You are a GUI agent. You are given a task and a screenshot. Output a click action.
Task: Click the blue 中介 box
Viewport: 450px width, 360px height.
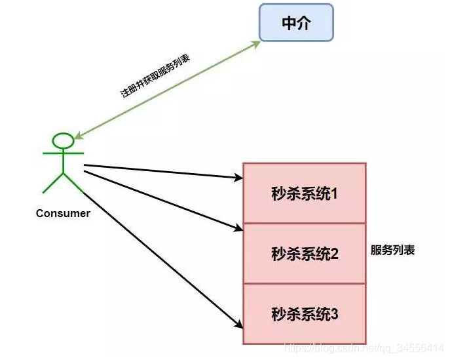295,23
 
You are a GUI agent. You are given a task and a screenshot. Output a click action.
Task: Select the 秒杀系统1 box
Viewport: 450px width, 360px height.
304,193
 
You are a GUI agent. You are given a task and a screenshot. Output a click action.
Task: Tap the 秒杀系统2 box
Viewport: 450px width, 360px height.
304,253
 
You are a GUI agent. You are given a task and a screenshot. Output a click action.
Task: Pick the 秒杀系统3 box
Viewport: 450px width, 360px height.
304,313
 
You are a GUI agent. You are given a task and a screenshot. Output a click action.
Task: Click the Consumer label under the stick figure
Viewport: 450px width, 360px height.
63,213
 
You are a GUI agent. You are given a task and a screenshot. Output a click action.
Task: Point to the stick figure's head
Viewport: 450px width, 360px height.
64,140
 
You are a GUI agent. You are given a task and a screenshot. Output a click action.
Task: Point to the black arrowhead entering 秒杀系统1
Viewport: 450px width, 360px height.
238,177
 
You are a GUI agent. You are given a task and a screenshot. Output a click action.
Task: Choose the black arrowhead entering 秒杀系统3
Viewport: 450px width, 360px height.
238,326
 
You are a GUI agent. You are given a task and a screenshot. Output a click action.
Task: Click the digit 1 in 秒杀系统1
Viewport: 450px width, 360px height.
333,193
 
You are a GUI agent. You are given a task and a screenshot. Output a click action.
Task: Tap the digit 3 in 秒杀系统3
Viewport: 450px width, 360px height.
333,313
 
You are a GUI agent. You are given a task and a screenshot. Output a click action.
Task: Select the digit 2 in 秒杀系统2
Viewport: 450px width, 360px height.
333,254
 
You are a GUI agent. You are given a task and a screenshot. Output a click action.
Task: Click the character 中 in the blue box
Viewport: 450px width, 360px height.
288,23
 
